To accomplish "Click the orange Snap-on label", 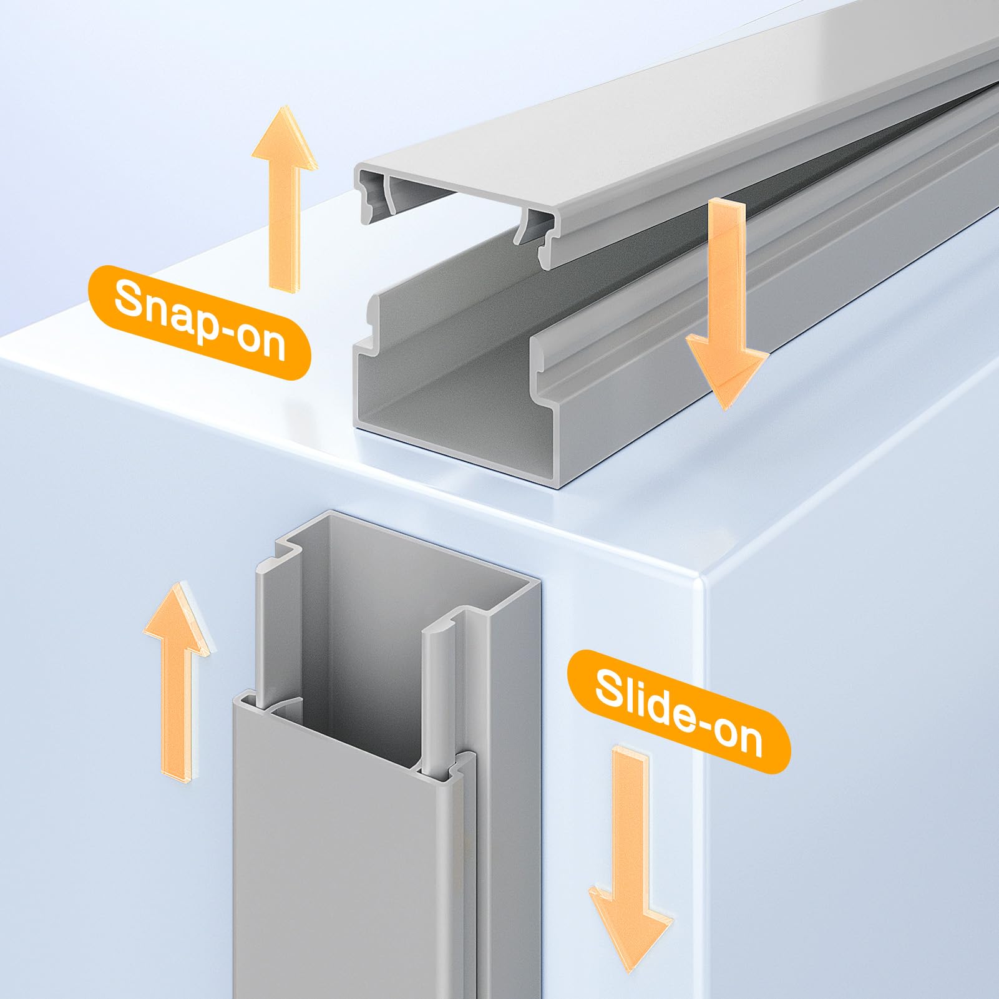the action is pos(199,321).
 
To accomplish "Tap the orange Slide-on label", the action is pos(678,711).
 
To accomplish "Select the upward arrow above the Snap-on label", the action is pos(285,197).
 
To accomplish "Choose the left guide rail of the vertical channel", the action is pos(275,624).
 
